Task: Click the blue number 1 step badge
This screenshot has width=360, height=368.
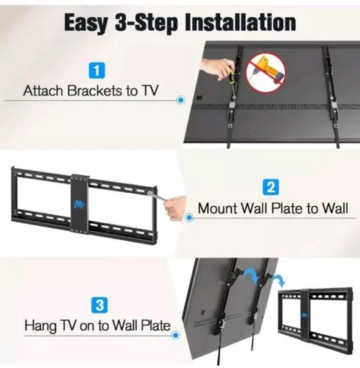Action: click(96, 71)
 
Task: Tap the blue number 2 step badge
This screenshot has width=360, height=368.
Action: click(271, 187)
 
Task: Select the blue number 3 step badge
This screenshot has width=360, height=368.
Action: click(99, 305)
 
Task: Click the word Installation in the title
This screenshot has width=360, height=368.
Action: click(241, 23)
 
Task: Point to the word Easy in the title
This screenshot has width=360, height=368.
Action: click(86, 24)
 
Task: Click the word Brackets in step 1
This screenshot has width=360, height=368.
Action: click(94, 91)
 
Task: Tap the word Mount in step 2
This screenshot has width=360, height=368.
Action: click(217, 208)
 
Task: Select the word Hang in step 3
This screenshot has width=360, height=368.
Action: click(40, 326)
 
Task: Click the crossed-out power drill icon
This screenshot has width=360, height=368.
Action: click(266, 72)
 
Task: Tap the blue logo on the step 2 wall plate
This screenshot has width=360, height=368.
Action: click(79, 204)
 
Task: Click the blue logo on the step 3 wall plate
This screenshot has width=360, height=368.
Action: click(305, 315)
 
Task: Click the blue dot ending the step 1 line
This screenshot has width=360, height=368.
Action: click(181, 100)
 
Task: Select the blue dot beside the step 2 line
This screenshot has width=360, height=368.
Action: click(188, 218)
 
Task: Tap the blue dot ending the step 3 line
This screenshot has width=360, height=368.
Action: click(175, 335)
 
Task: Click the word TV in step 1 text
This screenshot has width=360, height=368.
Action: click(149, 91)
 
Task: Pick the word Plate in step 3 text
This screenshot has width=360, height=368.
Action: click(155, 325)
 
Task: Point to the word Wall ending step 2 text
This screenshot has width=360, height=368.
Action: click(335, 208)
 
